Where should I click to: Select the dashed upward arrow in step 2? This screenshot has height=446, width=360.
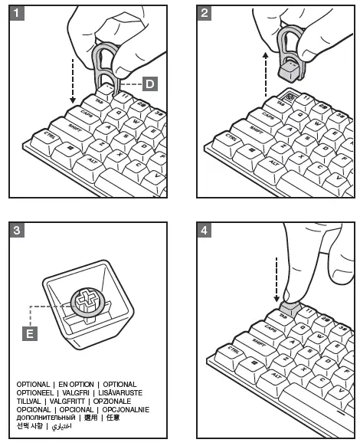pyautogui.click(x=264, y=73)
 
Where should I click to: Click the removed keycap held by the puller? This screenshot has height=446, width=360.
pyautogui.click(x=289, y=71)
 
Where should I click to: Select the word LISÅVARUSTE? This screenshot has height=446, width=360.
pyautogui.click(x=117, y=392)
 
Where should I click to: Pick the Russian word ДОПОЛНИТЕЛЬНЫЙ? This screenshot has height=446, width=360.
pyautogui.click(x=47, y=418)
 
